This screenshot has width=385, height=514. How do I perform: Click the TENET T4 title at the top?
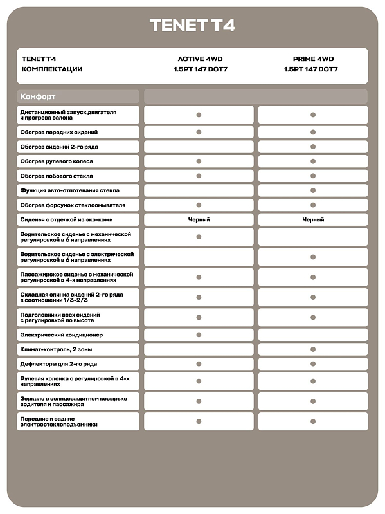pos(192,25)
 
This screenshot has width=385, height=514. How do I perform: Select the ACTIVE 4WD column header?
pos(199,59)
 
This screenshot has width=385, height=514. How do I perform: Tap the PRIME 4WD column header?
pos(313,59)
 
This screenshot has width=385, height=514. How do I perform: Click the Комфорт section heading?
pos(39,96)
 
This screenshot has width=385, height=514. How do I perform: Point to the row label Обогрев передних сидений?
pos(59,132)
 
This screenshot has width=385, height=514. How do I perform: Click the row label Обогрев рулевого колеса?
pos(57,161)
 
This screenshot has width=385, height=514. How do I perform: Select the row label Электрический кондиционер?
pos(62,335)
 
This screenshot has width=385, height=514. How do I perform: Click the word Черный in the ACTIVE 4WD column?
pos(199,219)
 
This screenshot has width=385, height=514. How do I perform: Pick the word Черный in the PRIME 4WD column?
pos(313,219)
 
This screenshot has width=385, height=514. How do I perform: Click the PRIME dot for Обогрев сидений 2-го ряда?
pos(313,147)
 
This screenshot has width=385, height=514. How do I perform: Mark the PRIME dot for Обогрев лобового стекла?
pos(313,176)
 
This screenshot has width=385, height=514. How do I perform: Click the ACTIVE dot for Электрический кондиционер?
pos(199,335)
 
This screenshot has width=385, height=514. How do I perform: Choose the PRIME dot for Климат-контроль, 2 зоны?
pos(313,349)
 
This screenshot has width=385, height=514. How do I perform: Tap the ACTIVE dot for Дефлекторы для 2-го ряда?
pos(199,364)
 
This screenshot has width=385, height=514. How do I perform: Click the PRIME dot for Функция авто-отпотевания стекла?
pos(313,190)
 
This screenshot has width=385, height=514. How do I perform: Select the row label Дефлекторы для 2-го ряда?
pos(58,364)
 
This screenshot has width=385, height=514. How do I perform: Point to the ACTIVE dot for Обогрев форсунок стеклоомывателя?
pos(199,205)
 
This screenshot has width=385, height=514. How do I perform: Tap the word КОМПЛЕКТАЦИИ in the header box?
pos(52,69)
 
